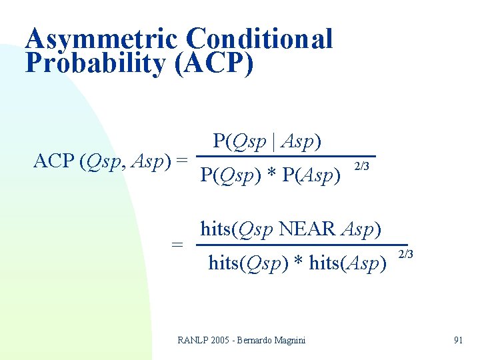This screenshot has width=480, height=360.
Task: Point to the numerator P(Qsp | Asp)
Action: tap(267, 141)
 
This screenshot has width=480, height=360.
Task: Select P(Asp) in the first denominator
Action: tap(313, 175)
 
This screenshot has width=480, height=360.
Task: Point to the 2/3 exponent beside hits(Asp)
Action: tap(405, 254)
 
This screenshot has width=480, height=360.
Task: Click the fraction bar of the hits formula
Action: tap(300, 245)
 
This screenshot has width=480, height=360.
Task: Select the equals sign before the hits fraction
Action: tap(177, 245)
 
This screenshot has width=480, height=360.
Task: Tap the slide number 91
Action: tap(458, 340)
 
